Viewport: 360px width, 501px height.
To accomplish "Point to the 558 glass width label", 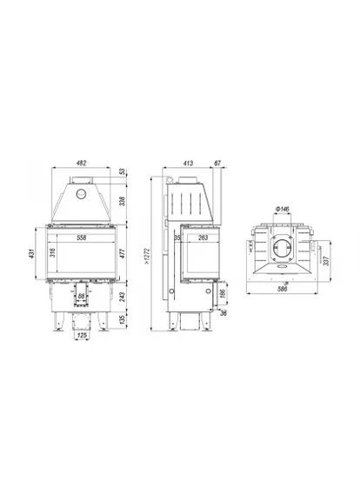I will (80, 237).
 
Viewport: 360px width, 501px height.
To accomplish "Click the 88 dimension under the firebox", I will (82, 297).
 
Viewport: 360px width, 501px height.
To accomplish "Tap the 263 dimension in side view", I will (202, 237).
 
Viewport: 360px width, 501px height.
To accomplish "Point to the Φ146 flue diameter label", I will (282, 210).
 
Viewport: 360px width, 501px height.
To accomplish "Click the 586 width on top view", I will (282, 288).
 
